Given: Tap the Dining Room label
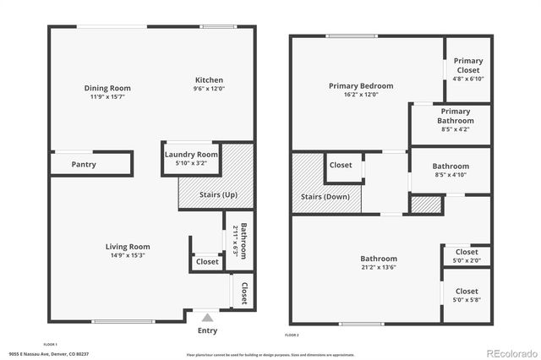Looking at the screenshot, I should click(x=107, y=88).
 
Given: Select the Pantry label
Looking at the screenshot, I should click(x=84, y=164).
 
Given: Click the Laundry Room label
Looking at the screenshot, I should click(x=191, y=155).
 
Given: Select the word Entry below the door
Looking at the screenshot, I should click(x=207, y=330).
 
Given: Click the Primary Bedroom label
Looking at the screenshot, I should click(x=361, y=85).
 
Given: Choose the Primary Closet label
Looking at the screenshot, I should click(x=467, y=65).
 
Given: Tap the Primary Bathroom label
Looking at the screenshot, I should click(x=455, y=115).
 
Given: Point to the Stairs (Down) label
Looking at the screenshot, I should click(x=325, y=198).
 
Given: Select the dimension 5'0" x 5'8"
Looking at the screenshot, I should click(x=467, y=299).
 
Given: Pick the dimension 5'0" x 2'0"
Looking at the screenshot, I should click(x=467, y=260).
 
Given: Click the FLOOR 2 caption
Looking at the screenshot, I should click(x=292, y=335).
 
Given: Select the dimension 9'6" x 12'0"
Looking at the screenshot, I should click(x=209, y=88).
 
